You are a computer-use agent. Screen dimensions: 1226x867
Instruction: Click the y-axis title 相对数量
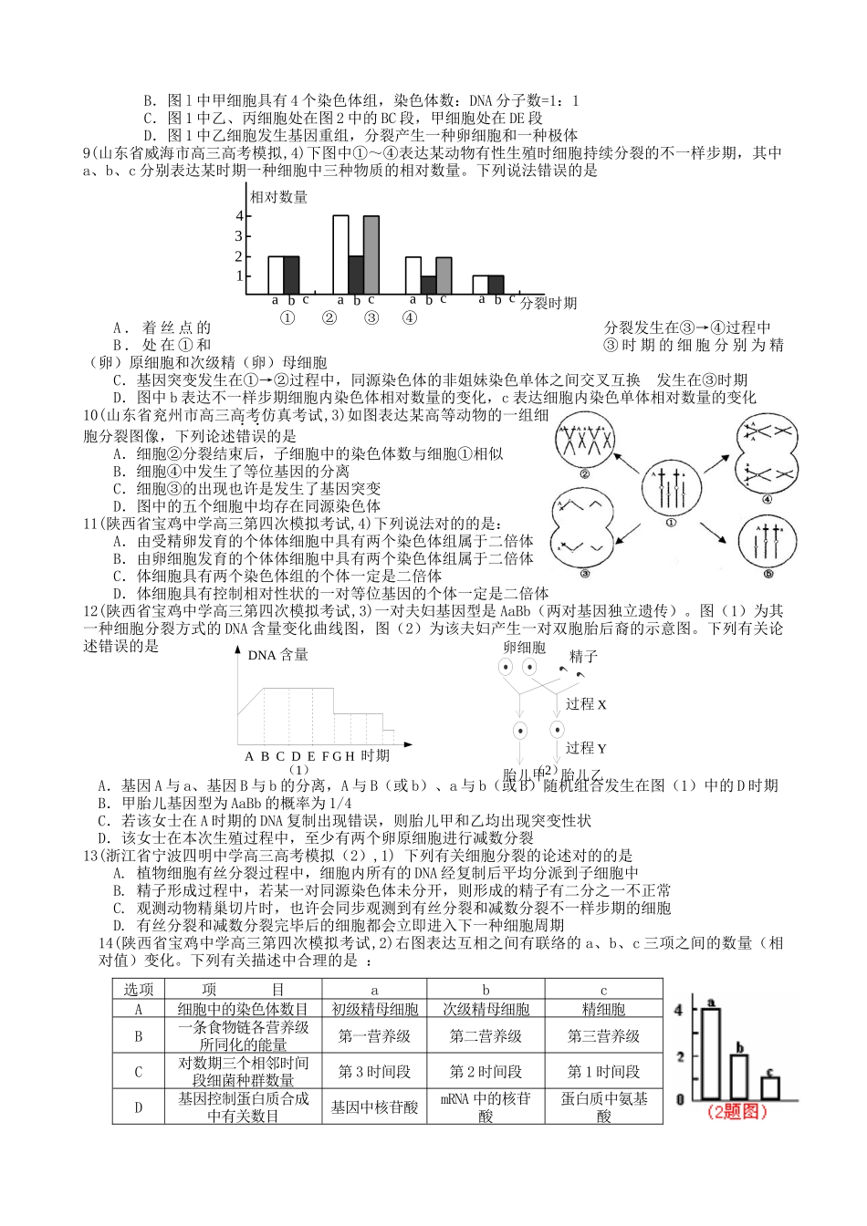click(278, 196)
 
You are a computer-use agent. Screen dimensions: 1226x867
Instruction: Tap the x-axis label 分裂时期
click(548, 303)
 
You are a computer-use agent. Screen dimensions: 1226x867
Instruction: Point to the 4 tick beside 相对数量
click(239, 217)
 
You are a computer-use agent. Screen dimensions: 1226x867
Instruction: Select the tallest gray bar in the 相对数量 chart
click(371, 255)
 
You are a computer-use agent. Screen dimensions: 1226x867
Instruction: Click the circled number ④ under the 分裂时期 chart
click(410, 318)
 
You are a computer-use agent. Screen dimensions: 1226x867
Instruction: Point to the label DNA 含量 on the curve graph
click(277, 655)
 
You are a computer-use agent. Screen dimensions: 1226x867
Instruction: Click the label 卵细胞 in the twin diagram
click(524, 647)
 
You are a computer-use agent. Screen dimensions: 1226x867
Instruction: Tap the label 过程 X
click(586, 704)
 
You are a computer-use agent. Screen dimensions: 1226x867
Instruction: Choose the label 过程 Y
click(586, 748)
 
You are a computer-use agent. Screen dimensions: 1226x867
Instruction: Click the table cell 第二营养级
click(486, 1035)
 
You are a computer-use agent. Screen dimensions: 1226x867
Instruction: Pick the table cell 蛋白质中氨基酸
click(603, 1107)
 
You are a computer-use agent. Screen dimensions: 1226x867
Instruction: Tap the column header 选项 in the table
click(139, 990)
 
